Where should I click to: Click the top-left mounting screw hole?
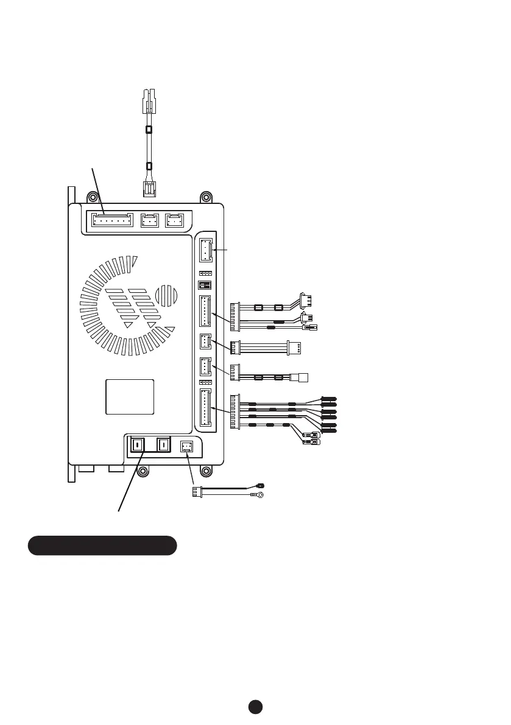point(92,198)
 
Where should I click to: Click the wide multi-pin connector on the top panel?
point(112,219)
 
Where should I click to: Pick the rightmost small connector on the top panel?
point(175,219)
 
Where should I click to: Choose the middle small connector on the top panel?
point(149,219)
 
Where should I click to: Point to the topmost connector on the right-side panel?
point(204,250)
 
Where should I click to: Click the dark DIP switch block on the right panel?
point(204,285)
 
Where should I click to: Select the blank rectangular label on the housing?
point(130,396)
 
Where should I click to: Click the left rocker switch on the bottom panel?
point(137,446)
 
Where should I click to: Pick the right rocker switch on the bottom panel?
point(163,446)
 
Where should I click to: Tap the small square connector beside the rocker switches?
point(187,446)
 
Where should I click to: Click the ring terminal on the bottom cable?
point(260,496)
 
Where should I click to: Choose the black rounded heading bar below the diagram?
point(102,545)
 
